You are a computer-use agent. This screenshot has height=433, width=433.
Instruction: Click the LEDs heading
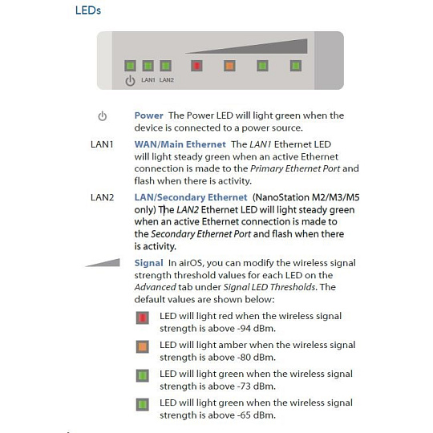[88, 10]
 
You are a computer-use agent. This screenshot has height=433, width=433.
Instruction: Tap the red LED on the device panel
[196, 66]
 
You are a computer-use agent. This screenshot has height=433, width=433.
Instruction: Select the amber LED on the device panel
[229, 66]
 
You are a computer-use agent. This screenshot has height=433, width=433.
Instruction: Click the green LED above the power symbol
[130, 66]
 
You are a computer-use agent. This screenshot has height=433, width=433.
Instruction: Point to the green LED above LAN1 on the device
[148, 66]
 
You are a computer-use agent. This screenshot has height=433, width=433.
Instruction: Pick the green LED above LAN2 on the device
[166, 66]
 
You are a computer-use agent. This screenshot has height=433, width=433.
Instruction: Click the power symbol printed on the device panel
[130, 81]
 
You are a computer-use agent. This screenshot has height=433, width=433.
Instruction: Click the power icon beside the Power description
[102, 116]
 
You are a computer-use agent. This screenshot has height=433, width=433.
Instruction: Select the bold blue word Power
[148, 115]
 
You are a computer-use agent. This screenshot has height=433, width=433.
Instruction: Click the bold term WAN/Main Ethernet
[180, 144]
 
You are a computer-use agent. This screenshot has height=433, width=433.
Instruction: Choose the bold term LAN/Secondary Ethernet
[191, 197]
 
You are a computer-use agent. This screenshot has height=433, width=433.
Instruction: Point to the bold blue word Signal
[148, 263]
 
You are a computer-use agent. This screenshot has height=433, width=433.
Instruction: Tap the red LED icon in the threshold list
[143, 318]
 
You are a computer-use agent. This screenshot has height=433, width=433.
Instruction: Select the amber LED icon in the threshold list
[143, 347]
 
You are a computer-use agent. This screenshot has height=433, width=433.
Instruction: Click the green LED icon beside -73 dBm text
[143, 376]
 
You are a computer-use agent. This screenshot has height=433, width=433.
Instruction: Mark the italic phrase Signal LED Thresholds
[269, 287]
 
